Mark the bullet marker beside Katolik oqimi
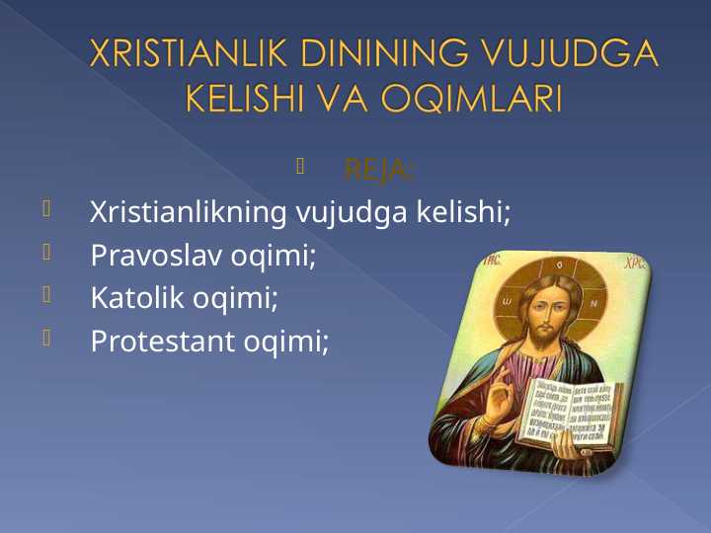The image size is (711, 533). pyautogui.click(x=46, y=294)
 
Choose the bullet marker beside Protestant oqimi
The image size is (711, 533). pyautogui.click(x=46, y=338)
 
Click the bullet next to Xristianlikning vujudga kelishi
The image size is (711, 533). pyautogui.click(x=46, y=208)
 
